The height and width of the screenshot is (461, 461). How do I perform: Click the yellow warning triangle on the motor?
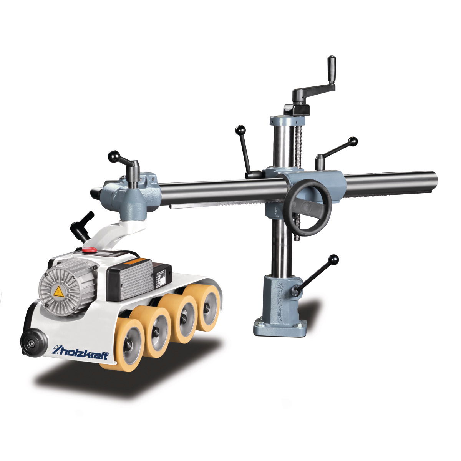(x=59, y=292)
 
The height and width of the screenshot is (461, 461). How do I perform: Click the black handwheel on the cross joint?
(x=308, y=207)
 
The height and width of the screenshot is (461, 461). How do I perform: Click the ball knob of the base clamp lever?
(x=334, y=259)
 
